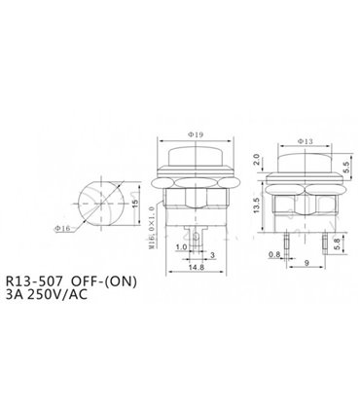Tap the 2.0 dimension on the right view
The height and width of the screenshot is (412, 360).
[255, 160]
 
